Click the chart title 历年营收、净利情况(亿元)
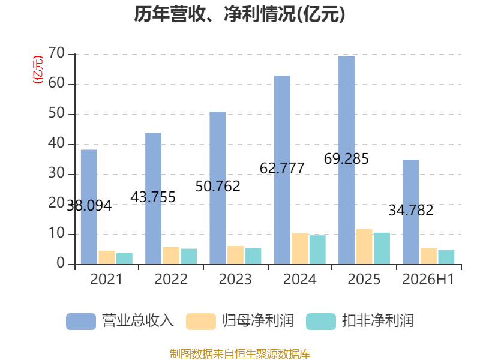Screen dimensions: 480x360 point(239,14)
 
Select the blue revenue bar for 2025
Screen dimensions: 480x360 point(347,160)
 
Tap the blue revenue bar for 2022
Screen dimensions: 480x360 point(154,199)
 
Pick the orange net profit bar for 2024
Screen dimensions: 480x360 point(299,248)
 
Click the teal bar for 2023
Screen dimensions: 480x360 point(253,256)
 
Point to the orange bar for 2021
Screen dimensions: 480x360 point(107,257)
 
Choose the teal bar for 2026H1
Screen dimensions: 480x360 point(446,257)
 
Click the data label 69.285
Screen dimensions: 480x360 point(346,159)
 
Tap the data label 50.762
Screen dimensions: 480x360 point(218,187)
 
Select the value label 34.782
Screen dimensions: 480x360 point(411,211)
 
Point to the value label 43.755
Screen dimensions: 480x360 point(153,197)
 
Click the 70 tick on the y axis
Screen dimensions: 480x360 point(56,53)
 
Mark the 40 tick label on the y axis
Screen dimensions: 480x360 point(56,143)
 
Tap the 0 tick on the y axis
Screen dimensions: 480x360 point(61,263)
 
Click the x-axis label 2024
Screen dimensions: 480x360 point(299,279)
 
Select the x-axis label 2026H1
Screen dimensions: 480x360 point(428,279)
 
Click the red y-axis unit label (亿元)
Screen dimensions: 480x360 point(38,70)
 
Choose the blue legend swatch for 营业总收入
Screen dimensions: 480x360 point(81,322)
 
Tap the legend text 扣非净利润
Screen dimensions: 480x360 point(378,321)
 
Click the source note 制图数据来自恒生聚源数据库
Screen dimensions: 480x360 point(239,354)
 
